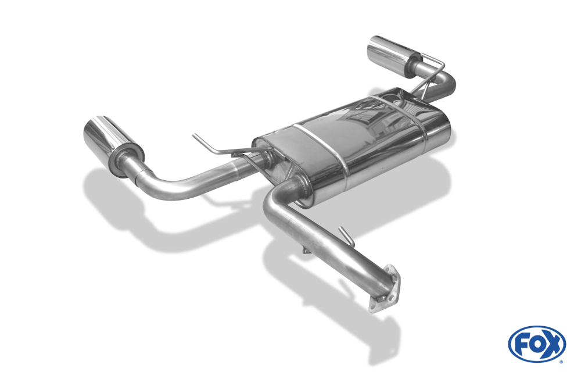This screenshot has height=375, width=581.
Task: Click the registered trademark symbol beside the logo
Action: pyautogui.click(x=561, y=361)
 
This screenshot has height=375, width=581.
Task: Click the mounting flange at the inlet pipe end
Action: pyautogui.click(x=385, y=290)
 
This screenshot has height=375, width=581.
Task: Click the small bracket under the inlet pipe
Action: pyautogui.click(x=306, y=251)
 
